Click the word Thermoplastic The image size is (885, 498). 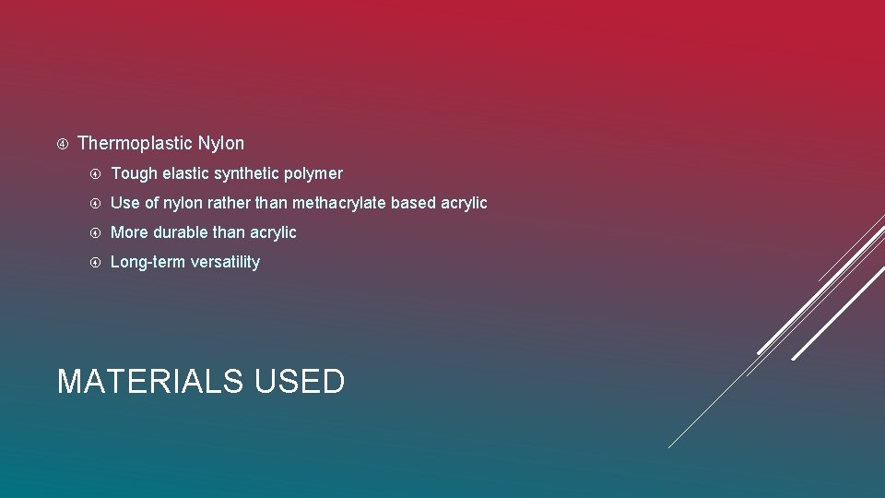[x=135, y=144]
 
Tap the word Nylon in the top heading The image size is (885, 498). [x=221, y=144]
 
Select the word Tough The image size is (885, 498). [x=134, y=173]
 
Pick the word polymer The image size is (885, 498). [x=316, y=173]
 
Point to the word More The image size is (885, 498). [x=129, y=232]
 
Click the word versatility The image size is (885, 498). [x=225, y=262]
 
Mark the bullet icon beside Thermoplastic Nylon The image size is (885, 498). [x=62, y=144]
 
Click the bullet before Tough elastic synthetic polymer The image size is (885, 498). [x=95, y=173]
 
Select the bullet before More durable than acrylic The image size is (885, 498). [x=95, y=232]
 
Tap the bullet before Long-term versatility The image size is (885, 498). [x=95, y=262]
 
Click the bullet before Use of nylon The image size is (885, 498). [x=95, y=203]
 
